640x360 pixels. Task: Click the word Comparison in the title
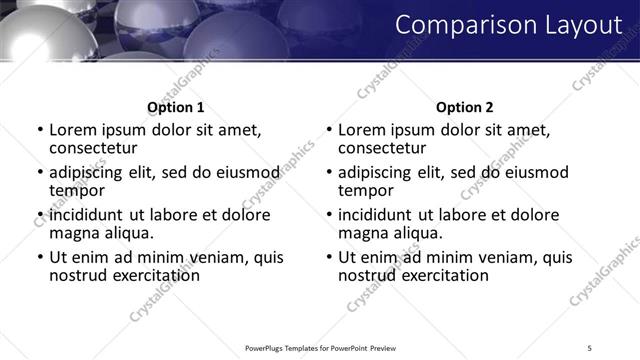[451, 25]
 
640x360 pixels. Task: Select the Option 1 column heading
[175, 107]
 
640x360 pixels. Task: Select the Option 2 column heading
[464, 107]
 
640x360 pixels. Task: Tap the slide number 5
[589, 348]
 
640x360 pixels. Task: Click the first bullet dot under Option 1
[39, 130]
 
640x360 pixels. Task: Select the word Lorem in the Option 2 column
[361, 130]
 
